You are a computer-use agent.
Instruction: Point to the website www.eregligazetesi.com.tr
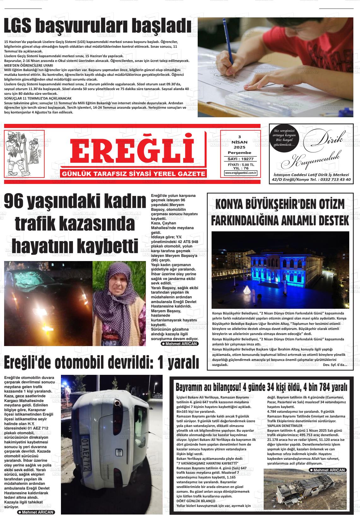(x=241, y=173)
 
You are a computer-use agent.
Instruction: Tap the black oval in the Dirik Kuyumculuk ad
(x=283, y=138)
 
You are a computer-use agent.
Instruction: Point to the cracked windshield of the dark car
(x=35, y=278)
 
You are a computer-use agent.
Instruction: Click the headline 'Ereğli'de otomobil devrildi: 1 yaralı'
(x=101, y=363)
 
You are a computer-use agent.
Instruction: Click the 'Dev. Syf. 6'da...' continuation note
(x=335, y=365)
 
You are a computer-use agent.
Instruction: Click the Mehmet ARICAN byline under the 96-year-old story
(x=179, y=344)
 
